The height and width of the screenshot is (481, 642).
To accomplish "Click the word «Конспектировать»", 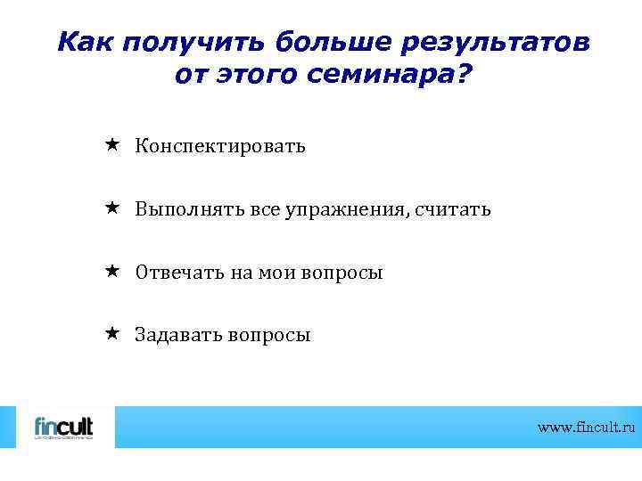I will tap(220, 146).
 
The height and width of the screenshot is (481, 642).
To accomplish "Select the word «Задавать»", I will tap(178, 335).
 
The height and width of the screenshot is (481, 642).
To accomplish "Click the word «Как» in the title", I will tap(86, 42).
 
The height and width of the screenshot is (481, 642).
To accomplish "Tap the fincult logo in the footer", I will tap(62, 427).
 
